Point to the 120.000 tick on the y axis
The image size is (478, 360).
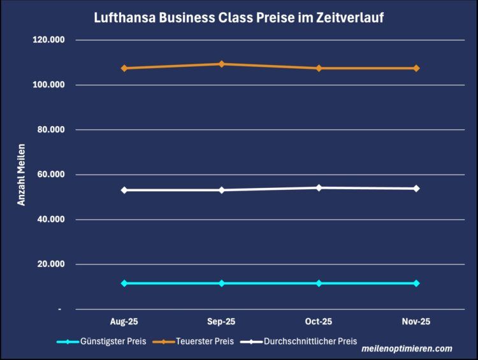[52, 40]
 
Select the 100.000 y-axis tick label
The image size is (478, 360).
[52, 85]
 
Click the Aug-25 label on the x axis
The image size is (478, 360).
[124, 322]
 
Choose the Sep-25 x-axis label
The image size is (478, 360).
[221, 322]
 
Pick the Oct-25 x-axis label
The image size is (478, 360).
[319, 322]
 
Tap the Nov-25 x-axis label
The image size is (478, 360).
[416, 322]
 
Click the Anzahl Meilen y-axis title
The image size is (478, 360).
[21, 175]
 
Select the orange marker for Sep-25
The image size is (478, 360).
[221, 64]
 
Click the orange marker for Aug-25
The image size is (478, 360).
[124, 68]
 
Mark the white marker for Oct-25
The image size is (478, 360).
[319, 187]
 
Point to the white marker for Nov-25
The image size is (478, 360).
[416, 189]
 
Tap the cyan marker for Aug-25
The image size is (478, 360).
[124, 283]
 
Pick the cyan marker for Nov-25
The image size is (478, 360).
[416, 283]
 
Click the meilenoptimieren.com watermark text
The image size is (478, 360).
[407, 349]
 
